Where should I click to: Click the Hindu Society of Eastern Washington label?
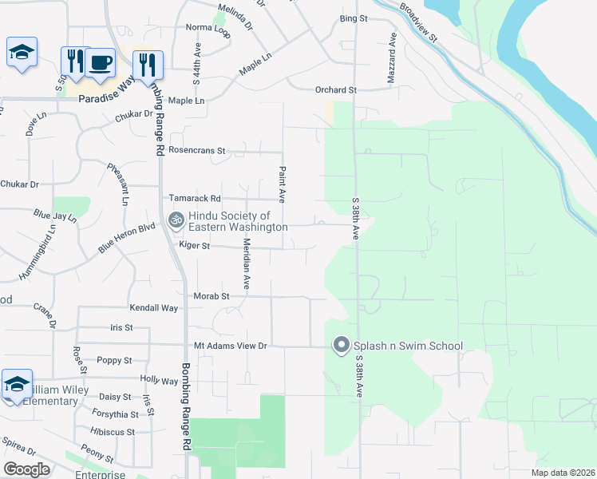[x=238, y=221]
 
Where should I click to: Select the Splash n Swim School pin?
[x=342, y=346]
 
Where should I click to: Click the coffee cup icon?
[x=101, y=62]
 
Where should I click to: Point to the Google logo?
[x=26, y=469]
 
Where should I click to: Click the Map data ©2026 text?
[x=562, y=473]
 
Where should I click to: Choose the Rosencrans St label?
[x=198, y=150]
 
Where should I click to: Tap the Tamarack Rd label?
[x=193, y=198]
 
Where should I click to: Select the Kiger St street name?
[x=194, y=246]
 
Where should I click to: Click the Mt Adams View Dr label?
[x=230, y=346]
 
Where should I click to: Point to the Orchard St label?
[x=335, y=90]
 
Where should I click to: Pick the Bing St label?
[x=353, y=18]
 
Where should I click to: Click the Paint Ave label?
[x=282, y=184]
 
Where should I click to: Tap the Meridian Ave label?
[x=247, y=263]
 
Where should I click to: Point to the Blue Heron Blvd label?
[x=126, y=238]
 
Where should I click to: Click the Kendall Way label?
[x=154, y=307]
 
